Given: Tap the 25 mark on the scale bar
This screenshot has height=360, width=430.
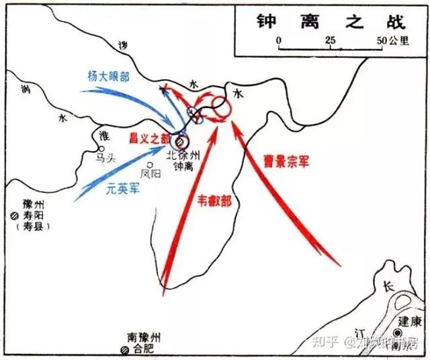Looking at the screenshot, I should [331, 40].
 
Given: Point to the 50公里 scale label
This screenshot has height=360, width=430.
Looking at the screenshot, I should [392, 40].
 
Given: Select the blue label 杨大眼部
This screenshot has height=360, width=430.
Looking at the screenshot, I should [108, 76].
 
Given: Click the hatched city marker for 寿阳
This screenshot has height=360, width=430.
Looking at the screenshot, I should [15, 216].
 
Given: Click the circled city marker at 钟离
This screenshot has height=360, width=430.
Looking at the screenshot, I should [180, 142].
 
